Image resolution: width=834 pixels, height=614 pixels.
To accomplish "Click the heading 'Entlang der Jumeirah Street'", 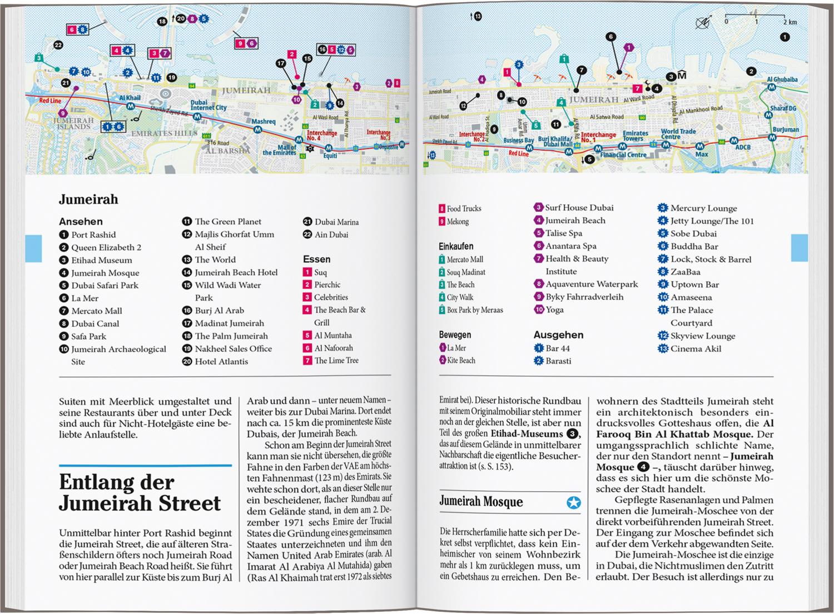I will click(140, 492).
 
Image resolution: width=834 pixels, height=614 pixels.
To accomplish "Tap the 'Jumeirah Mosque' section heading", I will click(481, 502).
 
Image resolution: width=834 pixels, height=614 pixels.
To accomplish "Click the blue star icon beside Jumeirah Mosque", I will click(573, 503).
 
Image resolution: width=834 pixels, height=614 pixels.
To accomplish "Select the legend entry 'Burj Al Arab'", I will click(219, 311).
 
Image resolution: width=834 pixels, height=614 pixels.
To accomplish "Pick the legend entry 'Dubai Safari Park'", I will click(105, 285).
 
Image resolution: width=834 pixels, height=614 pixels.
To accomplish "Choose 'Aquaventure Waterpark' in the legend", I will click(592, 284).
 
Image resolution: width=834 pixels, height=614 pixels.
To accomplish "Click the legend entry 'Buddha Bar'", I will click(694, 246).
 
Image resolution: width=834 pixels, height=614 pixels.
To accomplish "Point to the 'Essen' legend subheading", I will click(316, 259).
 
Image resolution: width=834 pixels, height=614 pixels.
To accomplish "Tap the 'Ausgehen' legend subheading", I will click(558, 335).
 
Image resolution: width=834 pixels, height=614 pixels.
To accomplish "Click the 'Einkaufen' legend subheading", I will click(456, 246).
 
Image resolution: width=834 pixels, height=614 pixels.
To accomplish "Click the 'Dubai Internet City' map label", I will click(209, 105).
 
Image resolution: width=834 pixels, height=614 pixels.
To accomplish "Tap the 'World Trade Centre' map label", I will click(678, 134).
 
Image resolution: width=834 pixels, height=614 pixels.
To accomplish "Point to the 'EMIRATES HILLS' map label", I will click(164, 133).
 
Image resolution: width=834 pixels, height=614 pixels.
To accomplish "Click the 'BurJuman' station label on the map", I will click(785, 129).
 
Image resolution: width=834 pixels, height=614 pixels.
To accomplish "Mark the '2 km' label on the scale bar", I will click(790, 22).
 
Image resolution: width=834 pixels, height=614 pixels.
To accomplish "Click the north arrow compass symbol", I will click(703, 23).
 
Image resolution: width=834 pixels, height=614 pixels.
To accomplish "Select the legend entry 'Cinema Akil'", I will click(696, 348).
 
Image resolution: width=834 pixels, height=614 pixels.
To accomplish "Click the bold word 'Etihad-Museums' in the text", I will click(527, 434).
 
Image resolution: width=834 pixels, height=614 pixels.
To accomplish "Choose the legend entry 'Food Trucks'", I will click(464, 208).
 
